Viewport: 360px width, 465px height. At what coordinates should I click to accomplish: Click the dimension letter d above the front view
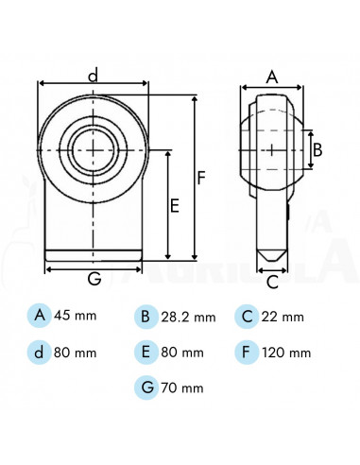pos(93,74)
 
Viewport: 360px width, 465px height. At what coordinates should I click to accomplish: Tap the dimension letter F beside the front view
pos(200,176)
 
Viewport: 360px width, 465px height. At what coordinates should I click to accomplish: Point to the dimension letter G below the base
pos(94,279)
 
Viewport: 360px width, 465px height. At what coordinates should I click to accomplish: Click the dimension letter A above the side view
pos(272,78)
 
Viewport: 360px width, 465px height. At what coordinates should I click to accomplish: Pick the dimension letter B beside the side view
pos(317,148)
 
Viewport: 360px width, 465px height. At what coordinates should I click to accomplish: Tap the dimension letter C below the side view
pos(272,281)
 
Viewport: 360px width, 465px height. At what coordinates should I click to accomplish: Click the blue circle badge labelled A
pos(40,315)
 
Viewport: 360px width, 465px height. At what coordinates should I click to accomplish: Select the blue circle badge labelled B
pos(145,316)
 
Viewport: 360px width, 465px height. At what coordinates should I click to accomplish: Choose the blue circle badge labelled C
pos(248,316)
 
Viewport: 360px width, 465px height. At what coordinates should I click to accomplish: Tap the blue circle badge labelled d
pos(40,352)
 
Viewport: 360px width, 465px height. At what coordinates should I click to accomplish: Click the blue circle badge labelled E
pos(145,352)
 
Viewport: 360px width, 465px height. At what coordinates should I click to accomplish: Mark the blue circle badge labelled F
pos(248,352)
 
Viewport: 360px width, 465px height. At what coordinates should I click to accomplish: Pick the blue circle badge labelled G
pos(145,387)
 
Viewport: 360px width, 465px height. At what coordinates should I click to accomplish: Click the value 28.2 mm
pos(189,318)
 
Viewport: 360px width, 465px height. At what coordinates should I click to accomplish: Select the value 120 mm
pos(288,353)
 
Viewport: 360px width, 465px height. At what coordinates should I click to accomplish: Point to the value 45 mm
pos(76,316)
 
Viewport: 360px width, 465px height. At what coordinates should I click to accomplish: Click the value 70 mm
pos(183,387)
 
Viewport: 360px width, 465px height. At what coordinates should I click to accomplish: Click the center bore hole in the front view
pos(93,148)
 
